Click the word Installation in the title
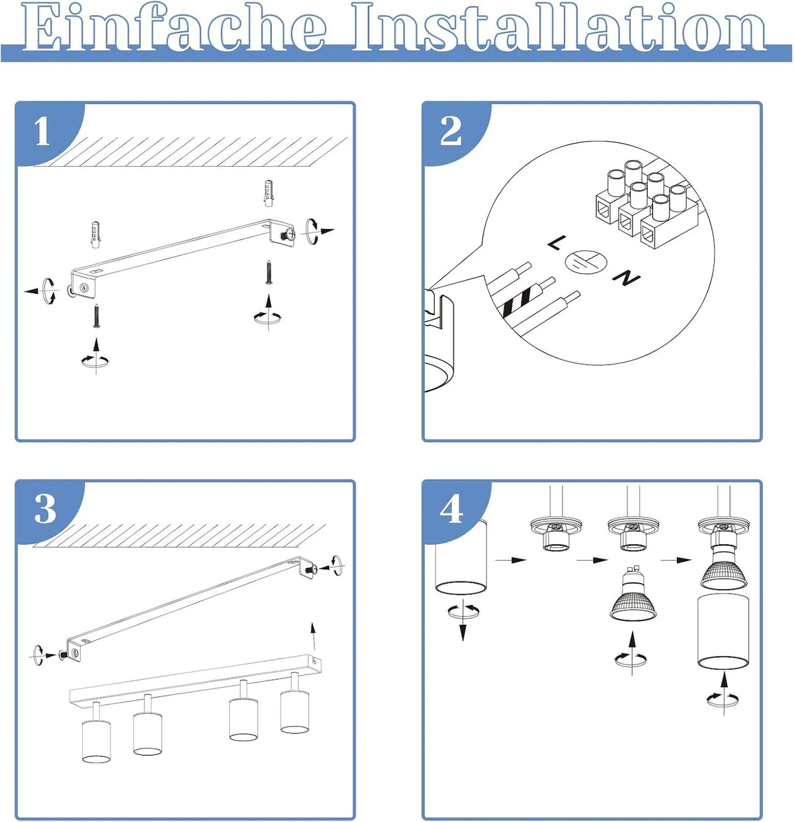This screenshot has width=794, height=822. [560, 27]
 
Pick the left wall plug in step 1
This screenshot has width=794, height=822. [96, 234]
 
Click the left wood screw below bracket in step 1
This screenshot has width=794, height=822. [97, 316]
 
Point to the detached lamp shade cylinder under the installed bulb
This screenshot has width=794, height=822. [723, 631]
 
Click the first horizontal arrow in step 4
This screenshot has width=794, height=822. [511, 560]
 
